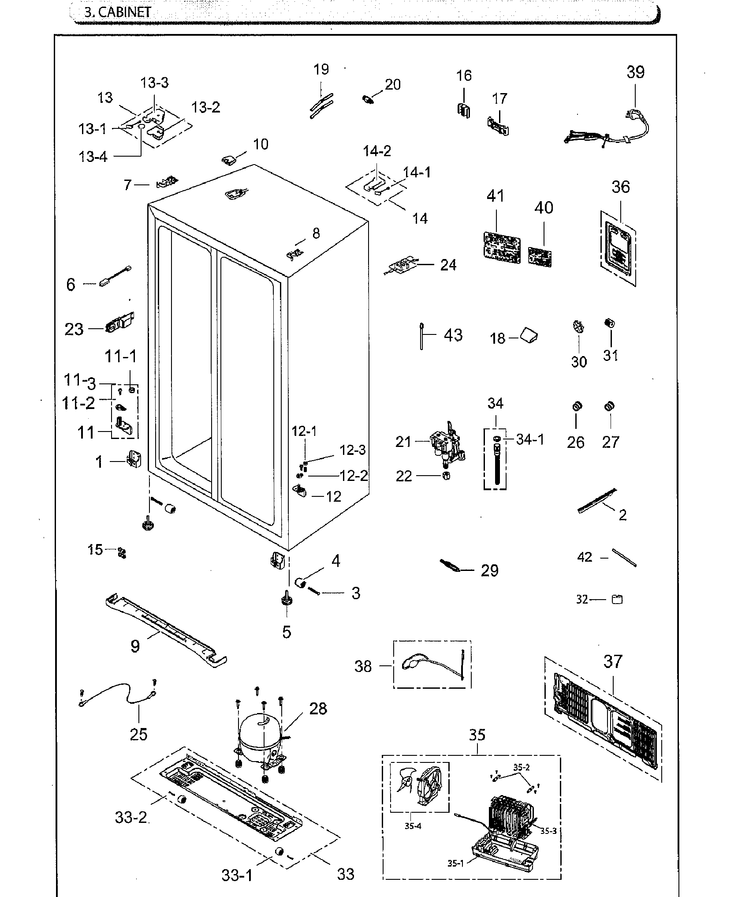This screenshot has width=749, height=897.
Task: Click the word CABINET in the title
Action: coord(124,12)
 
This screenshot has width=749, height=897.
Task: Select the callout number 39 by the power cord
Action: coord(635,72)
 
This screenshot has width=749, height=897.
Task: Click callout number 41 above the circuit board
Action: coord(495,195)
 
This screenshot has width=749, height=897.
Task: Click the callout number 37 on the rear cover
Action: coord(613,661)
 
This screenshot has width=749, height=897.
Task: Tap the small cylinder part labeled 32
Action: coord(617,599)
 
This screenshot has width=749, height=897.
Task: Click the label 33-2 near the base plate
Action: coord(131,817)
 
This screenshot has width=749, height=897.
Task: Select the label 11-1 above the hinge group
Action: coord(120,357)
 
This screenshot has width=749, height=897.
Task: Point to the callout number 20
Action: coord(392,84)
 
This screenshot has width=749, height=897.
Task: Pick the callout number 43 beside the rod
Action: coord(453,335)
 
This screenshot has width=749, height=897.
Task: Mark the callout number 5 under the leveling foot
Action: coord(287,632)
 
